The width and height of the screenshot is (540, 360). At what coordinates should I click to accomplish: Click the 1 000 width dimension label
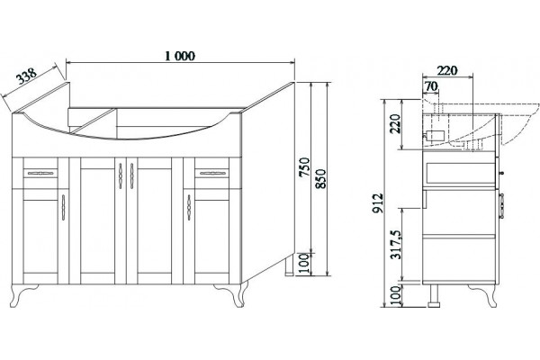180,56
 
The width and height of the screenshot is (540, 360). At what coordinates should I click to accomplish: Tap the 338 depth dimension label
27,76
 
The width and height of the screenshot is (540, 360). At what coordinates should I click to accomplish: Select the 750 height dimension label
304,167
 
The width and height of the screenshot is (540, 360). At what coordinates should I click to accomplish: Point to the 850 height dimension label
320,178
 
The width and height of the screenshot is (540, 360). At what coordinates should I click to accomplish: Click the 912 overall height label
378,202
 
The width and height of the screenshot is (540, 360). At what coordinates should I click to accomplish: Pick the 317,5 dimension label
397,244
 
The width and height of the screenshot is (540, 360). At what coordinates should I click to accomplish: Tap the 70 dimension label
431,86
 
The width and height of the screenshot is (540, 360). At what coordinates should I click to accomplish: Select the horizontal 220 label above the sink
447,70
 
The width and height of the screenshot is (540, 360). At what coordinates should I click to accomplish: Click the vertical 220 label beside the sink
396,123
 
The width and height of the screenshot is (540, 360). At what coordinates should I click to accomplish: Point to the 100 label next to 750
304,263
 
